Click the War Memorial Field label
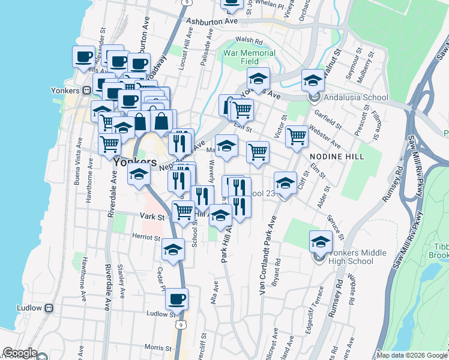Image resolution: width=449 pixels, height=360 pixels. click(249, 58)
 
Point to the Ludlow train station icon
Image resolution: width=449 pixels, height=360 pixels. click(49, 308)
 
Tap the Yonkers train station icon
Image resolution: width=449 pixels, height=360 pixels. click(87, 91)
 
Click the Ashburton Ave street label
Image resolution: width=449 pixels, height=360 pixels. click(212, 21)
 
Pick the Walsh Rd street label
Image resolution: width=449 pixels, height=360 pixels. click(249, 41)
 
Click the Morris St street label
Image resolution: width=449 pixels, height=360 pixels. click(154, 347)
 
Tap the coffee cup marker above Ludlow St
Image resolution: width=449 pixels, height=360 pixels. click(176, 298)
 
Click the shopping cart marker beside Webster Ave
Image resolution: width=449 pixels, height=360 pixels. click(297, 136)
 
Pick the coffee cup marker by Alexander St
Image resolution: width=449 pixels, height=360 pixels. click(84, 56)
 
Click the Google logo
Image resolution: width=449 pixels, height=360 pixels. click(20, 353)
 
